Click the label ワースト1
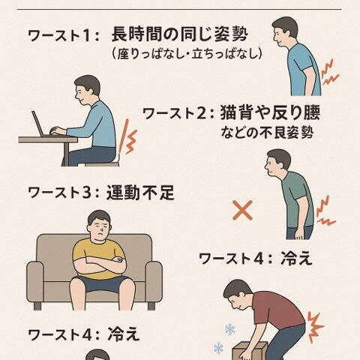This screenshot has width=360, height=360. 63,35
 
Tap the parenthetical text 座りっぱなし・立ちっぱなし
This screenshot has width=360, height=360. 186,54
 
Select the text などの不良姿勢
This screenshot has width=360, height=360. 266,133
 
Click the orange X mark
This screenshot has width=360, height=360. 242,210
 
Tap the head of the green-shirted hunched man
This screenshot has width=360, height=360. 278,161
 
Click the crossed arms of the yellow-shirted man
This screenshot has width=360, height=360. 100,265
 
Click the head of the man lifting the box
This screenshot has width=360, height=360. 238,294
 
